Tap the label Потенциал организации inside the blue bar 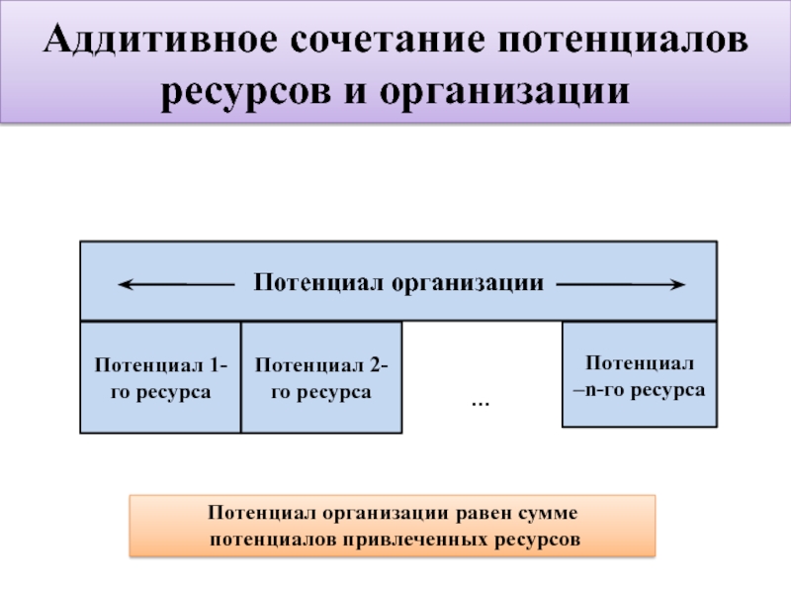point(399,283)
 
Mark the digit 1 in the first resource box point(215,365)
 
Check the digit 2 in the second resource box point(376,365)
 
